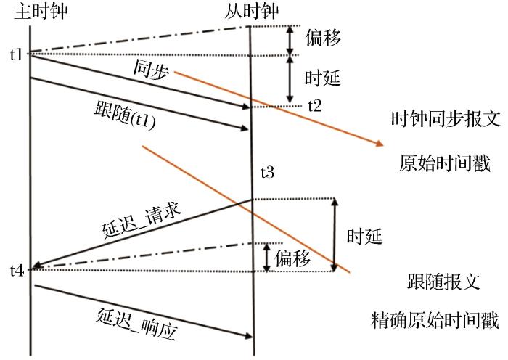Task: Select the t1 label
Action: tap(17, 54)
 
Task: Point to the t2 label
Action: tap(314, 105)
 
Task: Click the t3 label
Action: tap(267, 172)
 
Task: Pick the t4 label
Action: tap(17, 270)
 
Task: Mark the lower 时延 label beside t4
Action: tap(364, 236)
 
